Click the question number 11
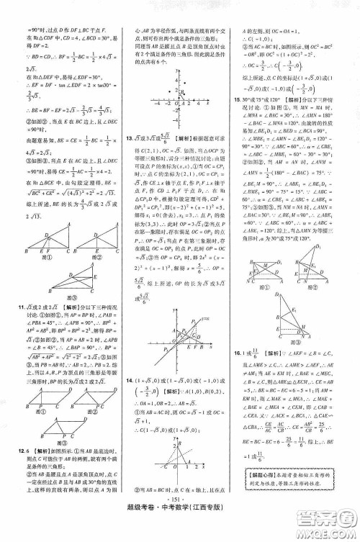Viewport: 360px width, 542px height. pos(14,305)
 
